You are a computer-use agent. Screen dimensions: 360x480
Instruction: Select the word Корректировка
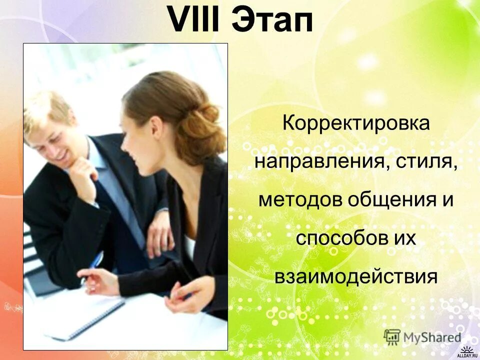pyautogui.click(x=356, y=122)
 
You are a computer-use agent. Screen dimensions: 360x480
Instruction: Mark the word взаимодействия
pyautogui.click(x=356, y=276)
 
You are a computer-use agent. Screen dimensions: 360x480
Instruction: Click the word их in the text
pyautogui.click(x=404, y=237)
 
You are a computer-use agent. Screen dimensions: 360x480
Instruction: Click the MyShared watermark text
pyautogui.click(x=432, y=337)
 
